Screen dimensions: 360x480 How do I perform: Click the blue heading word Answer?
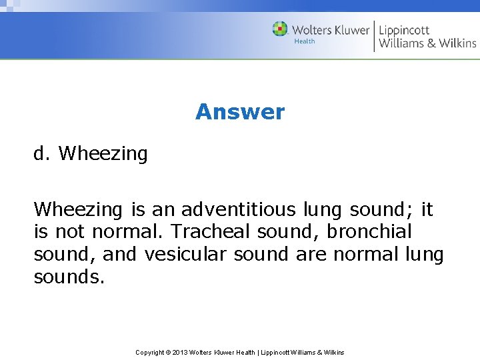pos(240,112)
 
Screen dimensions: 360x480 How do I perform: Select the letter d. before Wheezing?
pos(42,154)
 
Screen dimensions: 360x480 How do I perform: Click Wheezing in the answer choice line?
pos(103,154)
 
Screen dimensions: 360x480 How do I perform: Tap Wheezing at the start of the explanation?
pos(78,210)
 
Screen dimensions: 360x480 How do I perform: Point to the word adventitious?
pos(238,210)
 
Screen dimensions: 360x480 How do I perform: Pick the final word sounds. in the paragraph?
pos(69,277)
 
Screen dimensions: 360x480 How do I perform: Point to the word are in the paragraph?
pos(309,255)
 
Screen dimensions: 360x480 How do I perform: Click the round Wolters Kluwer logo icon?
pos(280,29)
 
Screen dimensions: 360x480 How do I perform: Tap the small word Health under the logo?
pos(305,41)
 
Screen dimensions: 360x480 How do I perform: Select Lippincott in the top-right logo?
pos(404,30)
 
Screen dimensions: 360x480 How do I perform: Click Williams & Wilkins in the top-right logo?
pos(427,44)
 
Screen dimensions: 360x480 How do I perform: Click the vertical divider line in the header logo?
pos(374,36)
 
